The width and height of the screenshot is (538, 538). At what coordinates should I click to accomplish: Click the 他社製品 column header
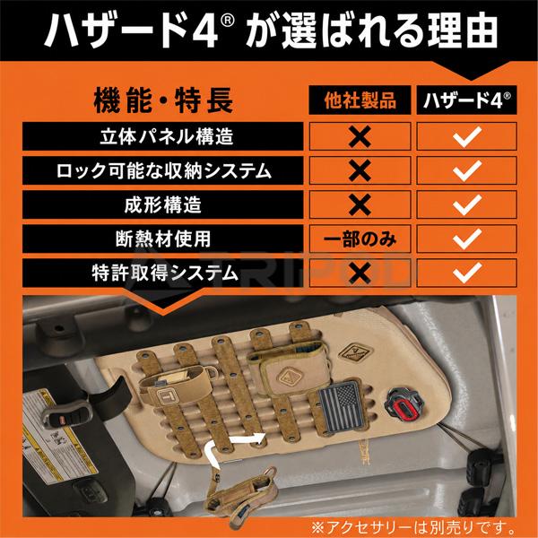tap(360, 100)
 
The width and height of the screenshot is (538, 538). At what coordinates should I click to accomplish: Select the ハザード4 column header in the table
tap(466, 100)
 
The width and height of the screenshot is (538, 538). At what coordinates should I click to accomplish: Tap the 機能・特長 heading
tap(163, 100)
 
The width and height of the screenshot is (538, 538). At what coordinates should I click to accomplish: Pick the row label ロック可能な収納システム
tap(163, 170)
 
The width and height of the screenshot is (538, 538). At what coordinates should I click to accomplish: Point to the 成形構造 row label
tap(163, 204)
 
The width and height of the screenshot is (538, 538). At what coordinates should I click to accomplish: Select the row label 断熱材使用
tap(163, 239)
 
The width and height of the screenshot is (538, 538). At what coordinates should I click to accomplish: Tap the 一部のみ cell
tap(360, 239)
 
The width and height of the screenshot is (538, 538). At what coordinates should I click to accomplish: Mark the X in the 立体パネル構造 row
tap(360, 136)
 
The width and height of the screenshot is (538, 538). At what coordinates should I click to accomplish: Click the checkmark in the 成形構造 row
tap(466, 204)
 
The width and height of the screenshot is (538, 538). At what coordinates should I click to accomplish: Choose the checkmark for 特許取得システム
tap(466, 273)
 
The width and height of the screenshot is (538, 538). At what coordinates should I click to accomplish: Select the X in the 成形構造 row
tap(360, 204)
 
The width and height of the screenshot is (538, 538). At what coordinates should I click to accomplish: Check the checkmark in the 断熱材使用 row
tap(466, 239)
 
